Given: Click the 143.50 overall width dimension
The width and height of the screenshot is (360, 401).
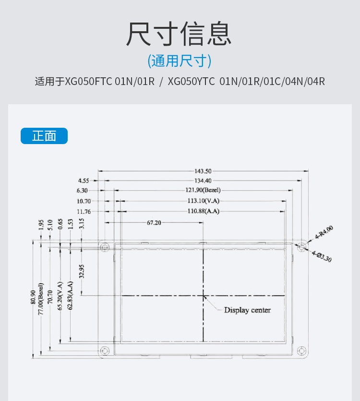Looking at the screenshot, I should (x=203, y=170).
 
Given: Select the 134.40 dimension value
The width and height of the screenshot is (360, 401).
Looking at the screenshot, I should (x=203, y=181).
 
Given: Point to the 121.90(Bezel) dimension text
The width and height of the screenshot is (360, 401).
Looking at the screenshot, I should (x=204, y=191).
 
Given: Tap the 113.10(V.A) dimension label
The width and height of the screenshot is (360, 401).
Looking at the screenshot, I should (x=204, y=201).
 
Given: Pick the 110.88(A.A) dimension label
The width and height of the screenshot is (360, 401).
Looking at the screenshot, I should (x=204, y=211).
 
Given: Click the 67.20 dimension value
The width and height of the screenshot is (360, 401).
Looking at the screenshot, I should (x=154, y=223).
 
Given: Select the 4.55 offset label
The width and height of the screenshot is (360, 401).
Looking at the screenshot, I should (x=84, y=181).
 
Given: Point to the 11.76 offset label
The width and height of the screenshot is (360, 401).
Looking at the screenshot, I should (x=84, y=211).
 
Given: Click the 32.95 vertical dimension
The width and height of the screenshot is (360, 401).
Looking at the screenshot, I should (x=82, y=271).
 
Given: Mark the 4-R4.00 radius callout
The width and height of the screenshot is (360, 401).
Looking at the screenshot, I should (x=324, y=232).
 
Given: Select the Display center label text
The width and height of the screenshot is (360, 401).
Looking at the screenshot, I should (x=247, y=310).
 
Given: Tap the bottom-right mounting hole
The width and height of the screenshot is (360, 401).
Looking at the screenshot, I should (x=301, y=351).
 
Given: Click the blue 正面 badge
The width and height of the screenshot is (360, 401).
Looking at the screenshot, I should (x=44, y=136).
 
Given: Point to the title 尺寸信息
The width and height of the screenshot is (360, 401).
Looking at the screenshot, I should (x=180, y=34).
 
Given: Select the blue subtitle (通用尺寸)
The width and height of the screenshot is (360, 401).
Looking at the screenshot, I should (x=180, y=61).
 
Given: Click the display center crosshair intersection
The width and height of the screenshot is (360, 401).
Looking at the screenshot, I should (x=203, y=295).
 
